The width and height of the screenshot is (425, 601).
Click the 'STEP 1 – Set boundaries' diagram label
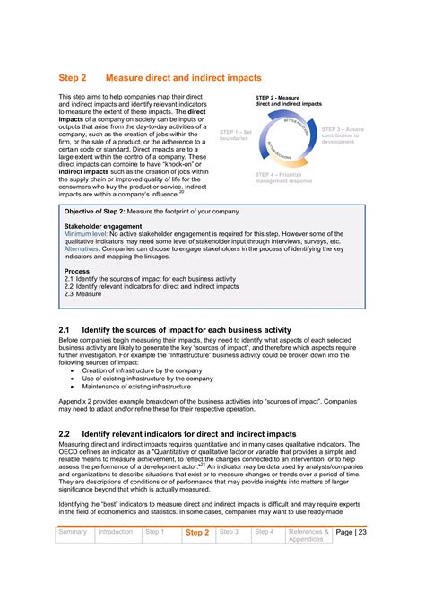[x=237, y=135]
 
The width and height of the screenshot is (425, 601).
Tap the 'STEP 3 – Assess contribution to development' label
[x=343, y=135]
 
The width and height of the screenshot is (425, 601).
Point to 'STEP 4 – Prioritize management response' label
[x=283, y=177]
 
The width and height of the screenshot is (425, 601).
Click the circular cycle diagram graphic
[x=284, y=135]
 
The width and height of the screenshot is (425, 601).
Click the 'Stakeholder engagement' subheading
[x=103, y=228]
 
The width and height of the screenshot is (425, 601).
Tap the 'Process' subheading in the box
[x=77, y=270]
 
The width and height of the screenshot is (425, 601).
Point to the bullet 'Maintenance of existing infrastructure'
[x=143, y=387]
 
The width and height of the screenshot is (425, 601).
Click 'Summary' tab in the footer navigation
[x=73, y=532]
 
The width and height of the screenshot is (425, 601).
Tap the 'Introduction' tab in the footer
[x=116, y=532]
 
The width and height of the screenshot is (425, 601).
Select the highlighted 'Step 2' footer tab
[x=196, y=533]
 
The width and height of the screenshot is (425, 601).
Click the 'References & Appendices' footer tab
[x=308, y=536]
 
